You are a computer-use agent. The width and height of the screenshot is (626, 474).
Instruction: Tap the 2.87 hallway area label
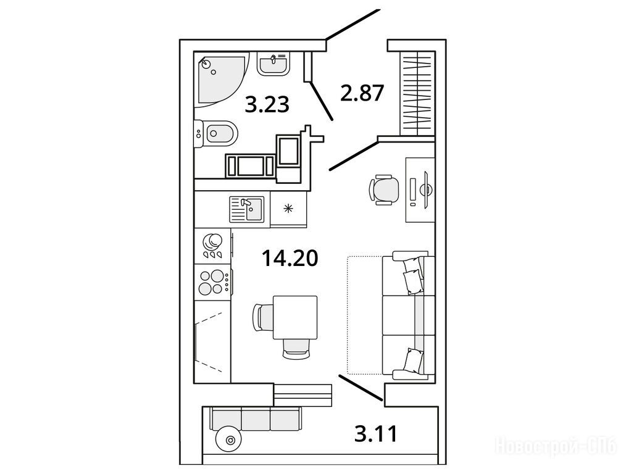362,93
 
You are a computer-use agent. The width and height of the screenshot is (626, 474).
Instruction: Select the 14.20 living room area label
290,258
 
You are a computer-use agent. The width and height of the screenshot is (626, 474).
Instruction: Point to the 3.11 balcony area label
376,434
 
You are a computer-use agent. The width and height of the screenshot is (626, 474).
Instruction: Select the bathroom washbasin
273,64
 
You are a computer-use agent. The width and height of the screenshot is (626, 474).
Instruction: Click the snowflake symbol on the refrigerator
288,208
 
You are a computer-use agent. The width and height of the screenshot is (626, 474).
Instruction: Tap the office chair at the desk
384,190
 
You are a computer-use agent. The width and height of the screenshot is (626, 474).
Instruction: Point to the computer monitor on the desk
425,189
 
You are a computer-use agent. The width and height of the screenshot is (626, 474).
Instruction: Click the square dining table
295,318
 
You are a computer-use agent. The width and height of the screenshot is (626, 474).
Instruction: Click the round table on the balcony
229,439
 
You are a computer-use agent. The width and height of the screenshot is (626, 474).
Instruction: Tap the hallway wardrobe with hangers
417,93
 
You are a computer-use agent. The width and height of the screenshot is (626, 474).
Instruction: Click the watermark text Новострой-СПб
556,446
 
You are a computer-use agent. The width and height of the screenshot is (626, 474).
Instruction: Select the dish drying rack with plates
212,246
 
